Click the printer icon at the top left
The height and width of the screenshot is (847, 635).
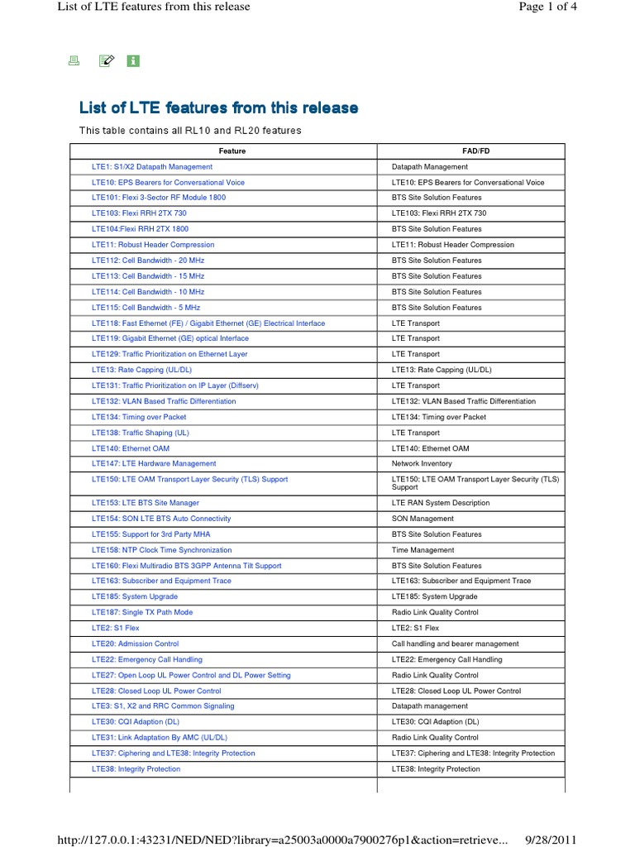73,61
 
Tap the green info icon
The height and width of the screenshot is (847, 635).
133,61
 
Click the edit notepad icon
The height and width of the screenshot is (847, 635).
105,61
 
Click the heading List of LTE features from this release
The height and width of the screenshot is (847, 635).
218,108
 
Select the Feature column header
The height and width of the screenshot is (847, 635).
232,151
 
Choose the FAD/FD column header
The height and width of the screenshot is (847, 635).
470,151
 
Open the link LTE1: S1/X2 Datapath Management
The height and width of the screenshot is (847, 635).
152,167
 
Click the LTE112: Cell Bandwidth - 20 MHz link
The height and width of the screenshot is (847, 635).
148,261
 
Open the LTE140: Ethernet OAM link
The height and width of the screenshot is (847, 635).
131,448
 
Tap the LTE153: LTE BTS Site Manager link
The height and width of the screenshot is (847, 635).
146,503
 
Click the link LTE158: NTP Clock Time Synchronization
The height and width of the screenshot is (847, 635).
162,550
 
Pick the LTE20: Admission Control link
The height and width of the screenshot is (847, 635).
135,644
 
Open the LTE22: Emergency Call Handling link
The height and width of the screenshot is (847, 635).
147,660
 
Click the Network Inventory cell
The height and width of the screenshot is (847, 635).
422,464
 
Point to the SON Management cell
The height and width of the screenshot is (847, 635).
423,519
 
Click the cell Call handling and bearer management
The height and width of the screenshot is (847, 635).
455,644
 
